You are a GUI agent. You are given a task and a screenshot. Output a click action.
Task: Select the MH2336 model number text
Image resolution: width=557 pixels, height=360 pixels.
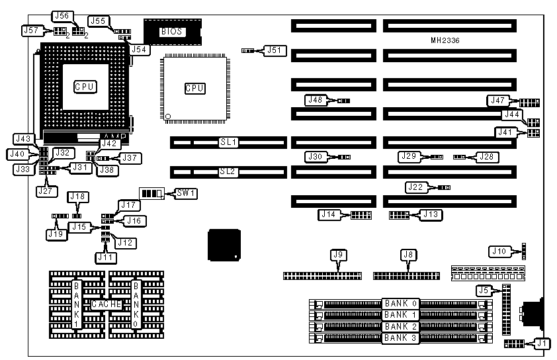click(x=445, y=40)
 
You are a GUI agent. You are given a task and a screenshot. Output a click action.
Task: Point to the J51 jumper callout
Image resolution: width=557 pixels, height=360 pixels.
click(x=273, y=50)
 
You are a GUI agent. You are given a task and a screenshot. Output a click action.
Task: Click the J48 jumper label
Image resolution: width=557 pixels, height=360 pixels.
click(x=316, y=100)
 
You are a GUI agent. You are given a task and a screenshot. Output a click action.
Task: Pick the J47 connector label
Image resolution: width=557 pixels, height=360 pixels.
click(x=497, y=101)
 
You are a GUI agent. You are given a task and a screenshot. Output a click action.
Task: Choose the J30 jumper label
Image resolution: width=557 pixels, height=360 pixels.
click(x=316, y=157)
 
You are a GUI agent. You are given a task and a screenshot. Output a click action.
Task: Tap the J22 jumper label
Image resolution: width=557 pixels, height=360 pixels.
click(x=415, y=188)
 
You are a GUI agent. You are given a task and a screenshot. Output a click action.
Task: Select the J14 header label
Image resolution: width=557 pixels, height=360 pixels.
click(x=329, y=214)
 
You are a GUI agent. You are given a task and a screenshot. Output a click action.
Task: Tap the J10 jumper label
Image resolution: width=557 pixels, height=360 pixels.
click(x=498, y=251)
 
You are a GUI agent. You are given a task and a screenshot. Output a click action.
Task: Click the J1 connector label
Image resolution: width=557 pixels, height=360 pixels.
click(x=541, y=343)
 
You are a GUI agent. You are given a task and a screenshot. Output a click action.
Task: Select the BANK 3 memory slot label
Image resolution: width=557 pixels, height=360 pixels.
click(x=401, y=338)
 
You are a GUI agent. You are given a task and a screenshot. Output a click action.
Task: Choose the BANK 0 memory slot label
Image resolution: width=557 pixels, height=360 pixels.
click(x=401, y=303)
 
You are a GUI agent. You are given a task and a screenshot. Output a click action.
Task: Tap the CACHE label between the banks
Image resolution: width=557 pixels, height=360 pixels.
click(x=107, y=303)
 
